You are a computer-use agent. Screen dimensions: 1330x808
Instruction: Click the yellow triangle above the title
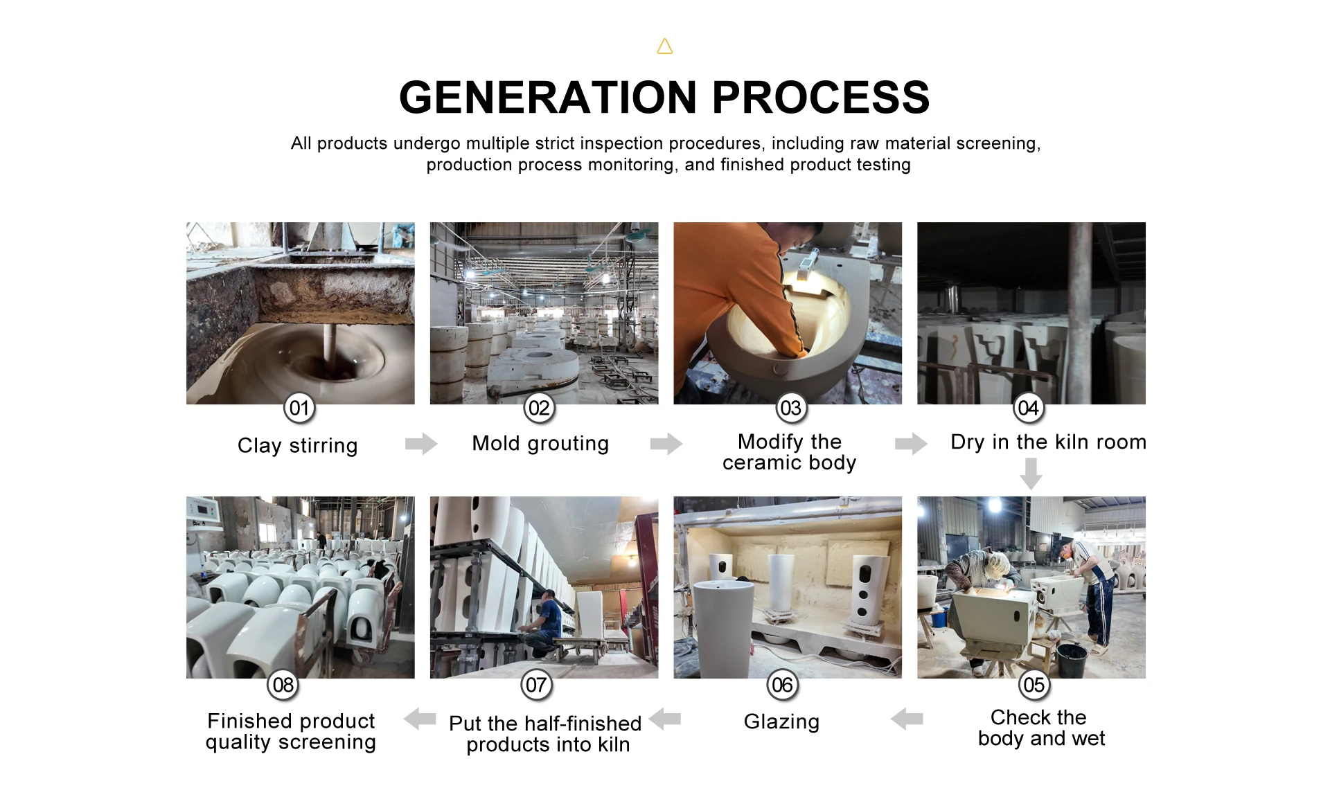click(x=665, y=47)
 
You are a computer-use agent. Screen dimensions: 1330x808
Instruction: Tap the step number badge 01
click(x=299, y=408)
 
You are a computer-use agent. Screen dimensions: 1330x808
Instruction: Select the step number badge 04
click(x=1029, y=408)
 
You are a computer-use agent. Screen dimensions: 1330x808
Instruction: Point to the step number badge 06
click(x=783, y=685)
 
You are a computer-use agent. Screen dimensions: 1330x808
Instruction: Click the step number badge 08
click(x=283, y=685)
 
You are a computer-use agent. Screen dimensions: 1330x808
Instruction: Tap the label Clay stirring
click(x=298, y=445)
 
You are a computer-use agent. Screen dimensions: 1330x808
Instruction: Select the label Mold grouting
click(x=540, y=443)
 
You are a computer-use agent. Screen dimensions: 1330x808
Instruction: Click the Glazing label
click(x=781, y=721)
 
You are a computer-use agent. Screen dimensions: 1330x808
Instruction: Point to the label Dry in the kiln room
click(x=1048, y=442)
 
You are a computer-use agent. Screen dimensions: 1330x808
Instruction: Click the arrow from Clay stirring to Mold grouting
click(x=421, y=443)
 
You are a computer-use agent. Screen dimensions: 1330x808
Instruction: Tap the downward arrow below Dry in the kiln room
click(x=1031, y=474)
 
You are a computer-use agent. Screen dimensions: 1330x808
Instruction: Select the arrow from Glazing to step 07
click(x=665, y=719)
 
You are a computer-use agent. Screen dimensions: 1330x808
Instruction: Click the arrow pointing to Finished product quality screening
click(x=420, y=719)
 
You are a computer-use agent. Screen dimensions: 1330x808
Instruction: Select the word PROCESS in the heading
click(x=821, y=97)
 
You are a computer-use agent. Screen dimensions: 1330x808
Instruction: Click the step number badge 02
click(x=539, y=408)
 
